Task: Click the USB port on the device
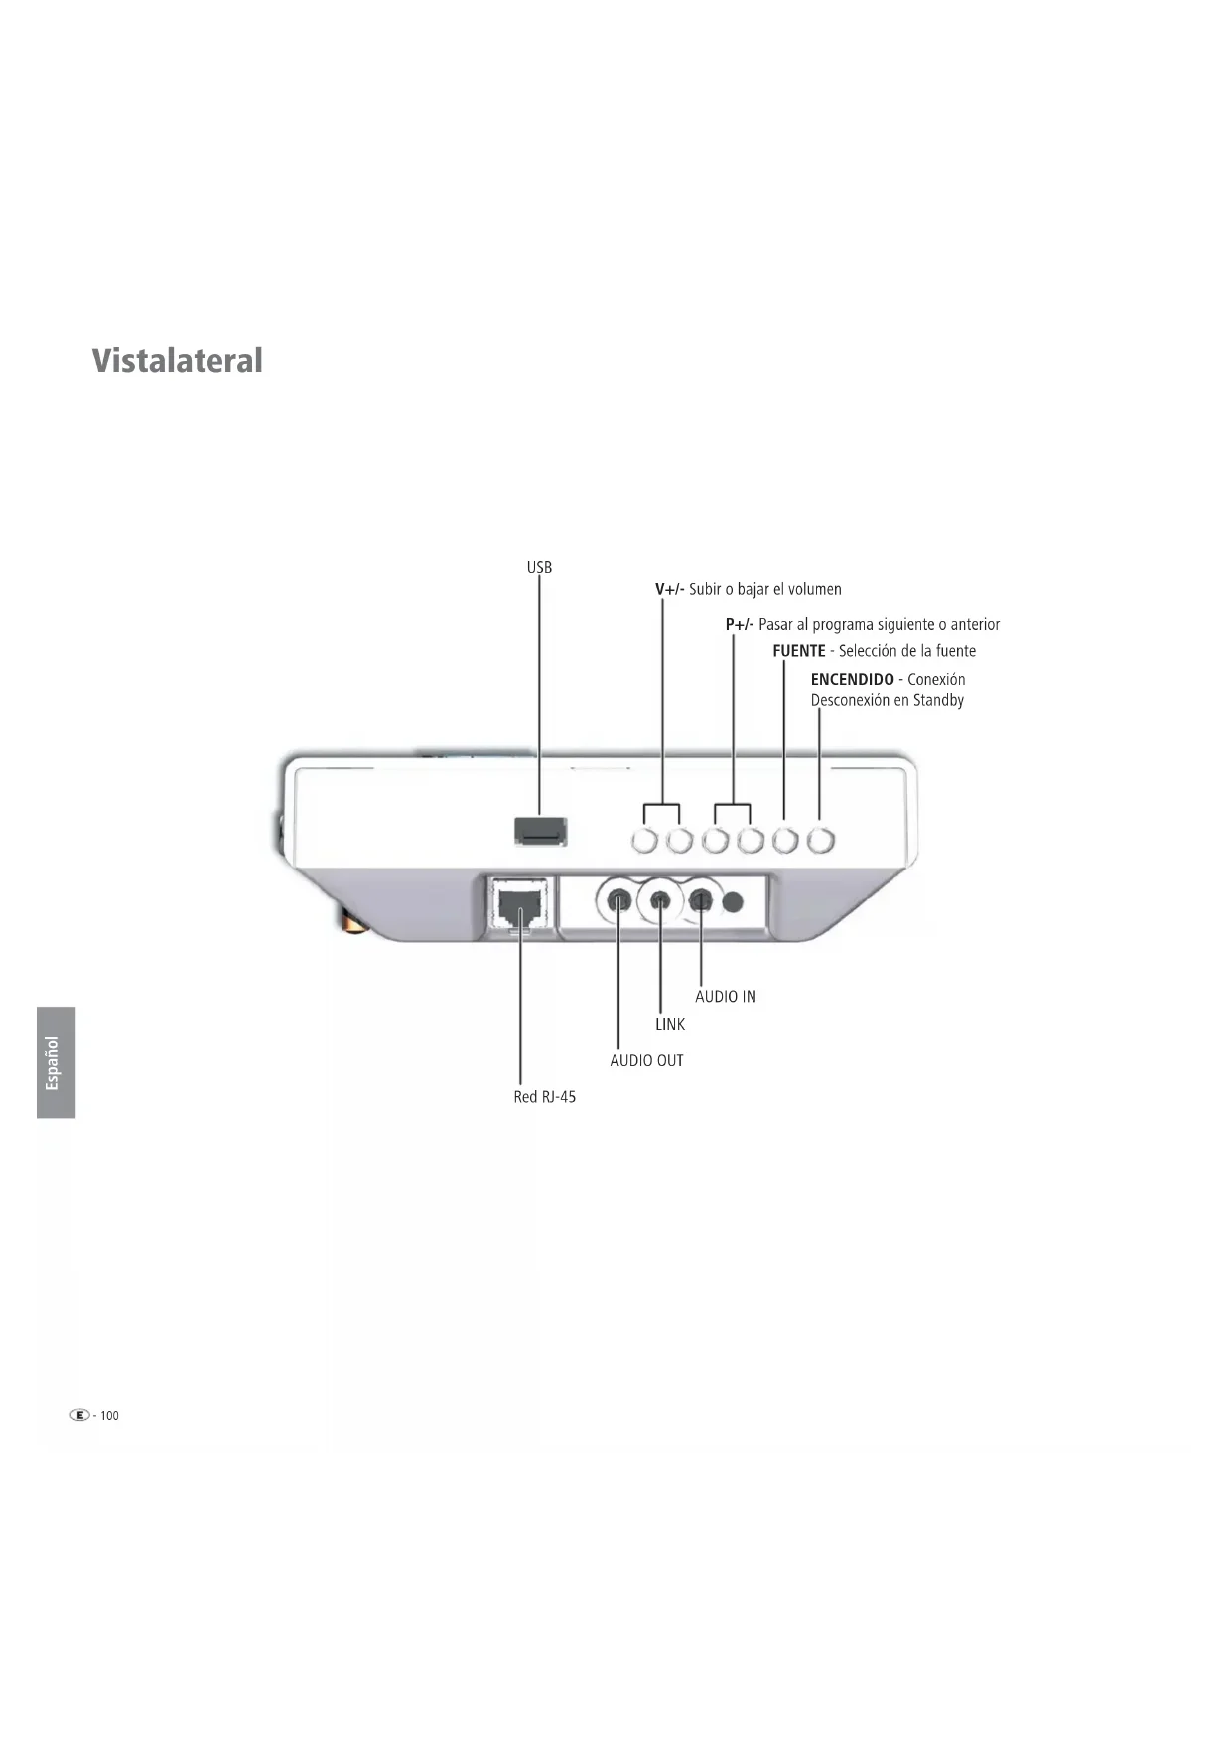click(x=540, y=831)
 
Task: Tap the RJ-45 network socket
click(x=519, y=905)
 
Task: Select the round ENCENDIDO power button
click(x=820, y=841)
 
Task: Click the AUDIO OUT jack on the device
click(x=618, y=901)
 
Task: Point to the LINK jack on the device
click(x=660, y=901)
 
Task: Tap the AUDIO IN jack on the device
click(x=701, y=901)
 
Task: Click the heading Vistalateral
click(x=178, y=360)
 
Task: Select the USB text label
click(x=539, y=567)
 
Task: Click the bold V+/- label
click(x=669, y=589)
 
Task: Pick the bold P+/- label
click(x=739, y=624)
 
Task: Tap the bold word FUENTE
click(x=798, y=651)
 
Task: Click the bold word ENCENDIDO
click(x=852, y=679)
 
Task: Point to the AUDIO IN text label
click(x=725, y=996)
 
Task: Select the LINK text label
click(x=669, y=1024)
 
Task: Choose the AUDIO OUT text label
click(x=646, y=1060)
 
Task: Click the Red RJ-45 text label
click(x=544, y=1097)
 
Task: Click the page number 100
click(x=109, y=1415)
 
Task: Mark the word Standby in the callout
click(x=938, y=700)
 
